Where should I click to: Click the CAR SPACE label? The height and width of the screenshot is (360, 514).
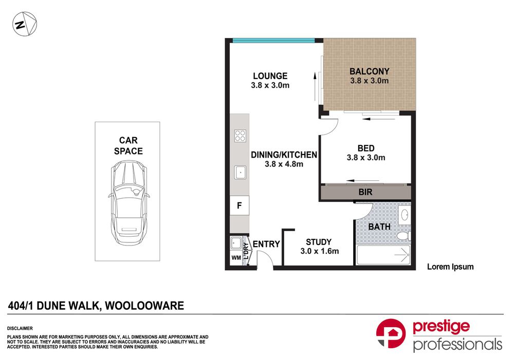pyautogui.click(x=128, y=145)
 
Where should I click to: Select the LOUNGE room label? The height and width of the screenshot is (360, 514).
pyautogui.click(x=270, y=76)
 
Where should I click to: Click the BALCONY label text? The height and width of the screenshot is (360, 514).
pyautogui.click(x=369, y=71)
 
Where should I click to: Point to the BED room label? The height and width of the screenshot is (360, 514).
pyautogui.click(x=365, y=148)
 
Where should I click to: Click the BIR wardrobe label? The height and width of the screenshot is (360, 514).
pyautogui.click(x=365, y=192)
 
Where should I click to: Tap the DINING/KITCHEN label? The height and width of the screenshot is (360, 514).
pyautogui.click(x=283, y=155)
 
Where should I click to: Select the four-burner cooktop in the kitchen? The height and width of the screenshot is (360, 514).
pyautogui.click(x=240, y=136)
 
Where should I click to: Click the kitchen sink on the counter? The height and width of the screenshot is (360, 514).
pyautogui.click(x=240, y=173)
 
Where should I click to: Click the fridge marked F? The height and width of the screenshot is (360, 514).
pyautogui.click(x=239, y=205)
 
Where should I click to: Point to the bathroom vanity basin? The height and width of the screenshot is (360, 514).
pyautogui.click(x=404, y=214)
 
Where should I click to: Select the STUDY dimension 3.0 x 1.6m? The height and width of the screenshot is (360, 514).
pyautogui.click(x=319, y=251)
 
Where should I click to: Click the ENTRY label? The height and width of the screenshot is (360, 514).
pyautogui.click(x=266, y=244)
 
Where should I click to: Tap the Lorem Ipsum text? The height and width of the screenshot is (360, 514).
pyautogui.click(x=450, y=267)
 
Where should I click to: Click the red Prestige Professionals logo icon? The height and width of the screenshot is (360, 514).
pyautogui.click(x=391, y=334)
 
